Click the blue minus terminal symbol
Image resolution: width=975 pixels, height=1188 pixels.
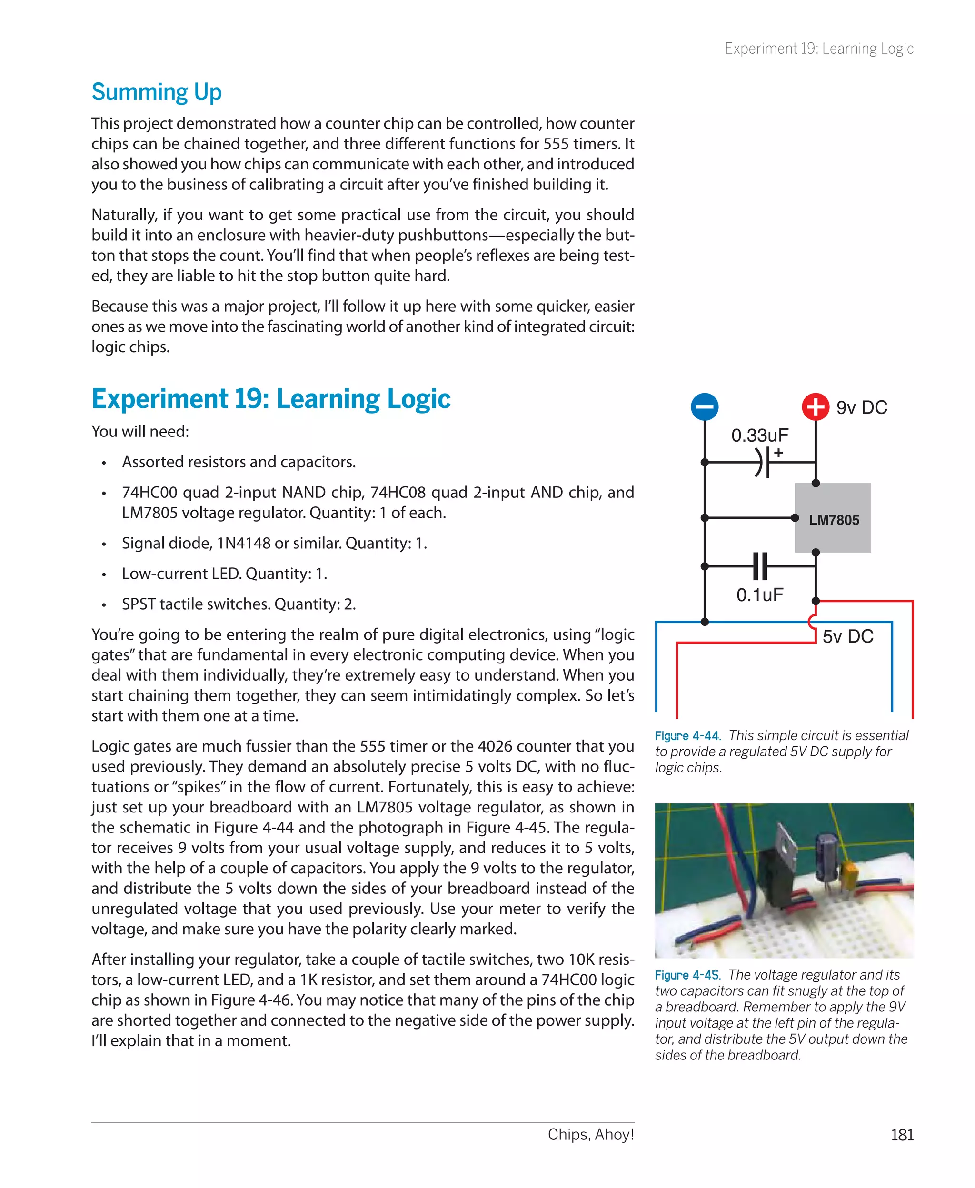coord(704,406)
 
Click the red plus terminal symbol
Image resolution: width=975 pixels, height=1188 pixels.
coord(816,406)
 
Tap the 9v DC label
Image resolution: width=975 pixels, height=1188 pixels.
coord(862,407)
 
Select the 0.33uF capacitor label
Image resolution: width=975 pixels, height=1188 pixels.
coord(759,435)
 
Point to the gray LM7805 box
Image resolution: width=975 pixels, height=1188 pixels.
coord(833,518)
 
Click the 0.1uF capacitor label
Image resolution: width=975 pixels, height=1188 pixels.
coord(759,595)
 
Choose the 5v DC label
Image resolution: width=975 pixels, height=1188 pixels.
coord(847,637)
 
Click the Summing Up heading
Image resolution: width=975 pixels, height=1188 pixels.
coord(157,92)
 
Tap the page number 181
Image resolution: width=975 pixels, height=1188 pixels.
coord(902,1135)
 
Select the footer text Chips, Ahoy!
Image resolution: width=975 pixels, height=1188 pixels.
coord(591,1134)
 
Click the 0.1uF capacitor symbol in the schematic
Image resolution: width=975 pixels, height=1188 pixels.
coord(760,566)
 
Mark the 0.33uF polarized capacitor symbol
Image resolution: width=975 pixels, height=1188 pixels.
coord(762,462)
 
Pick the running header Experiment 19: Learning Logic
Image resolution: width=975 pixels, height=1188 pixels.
coord(819,49)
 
